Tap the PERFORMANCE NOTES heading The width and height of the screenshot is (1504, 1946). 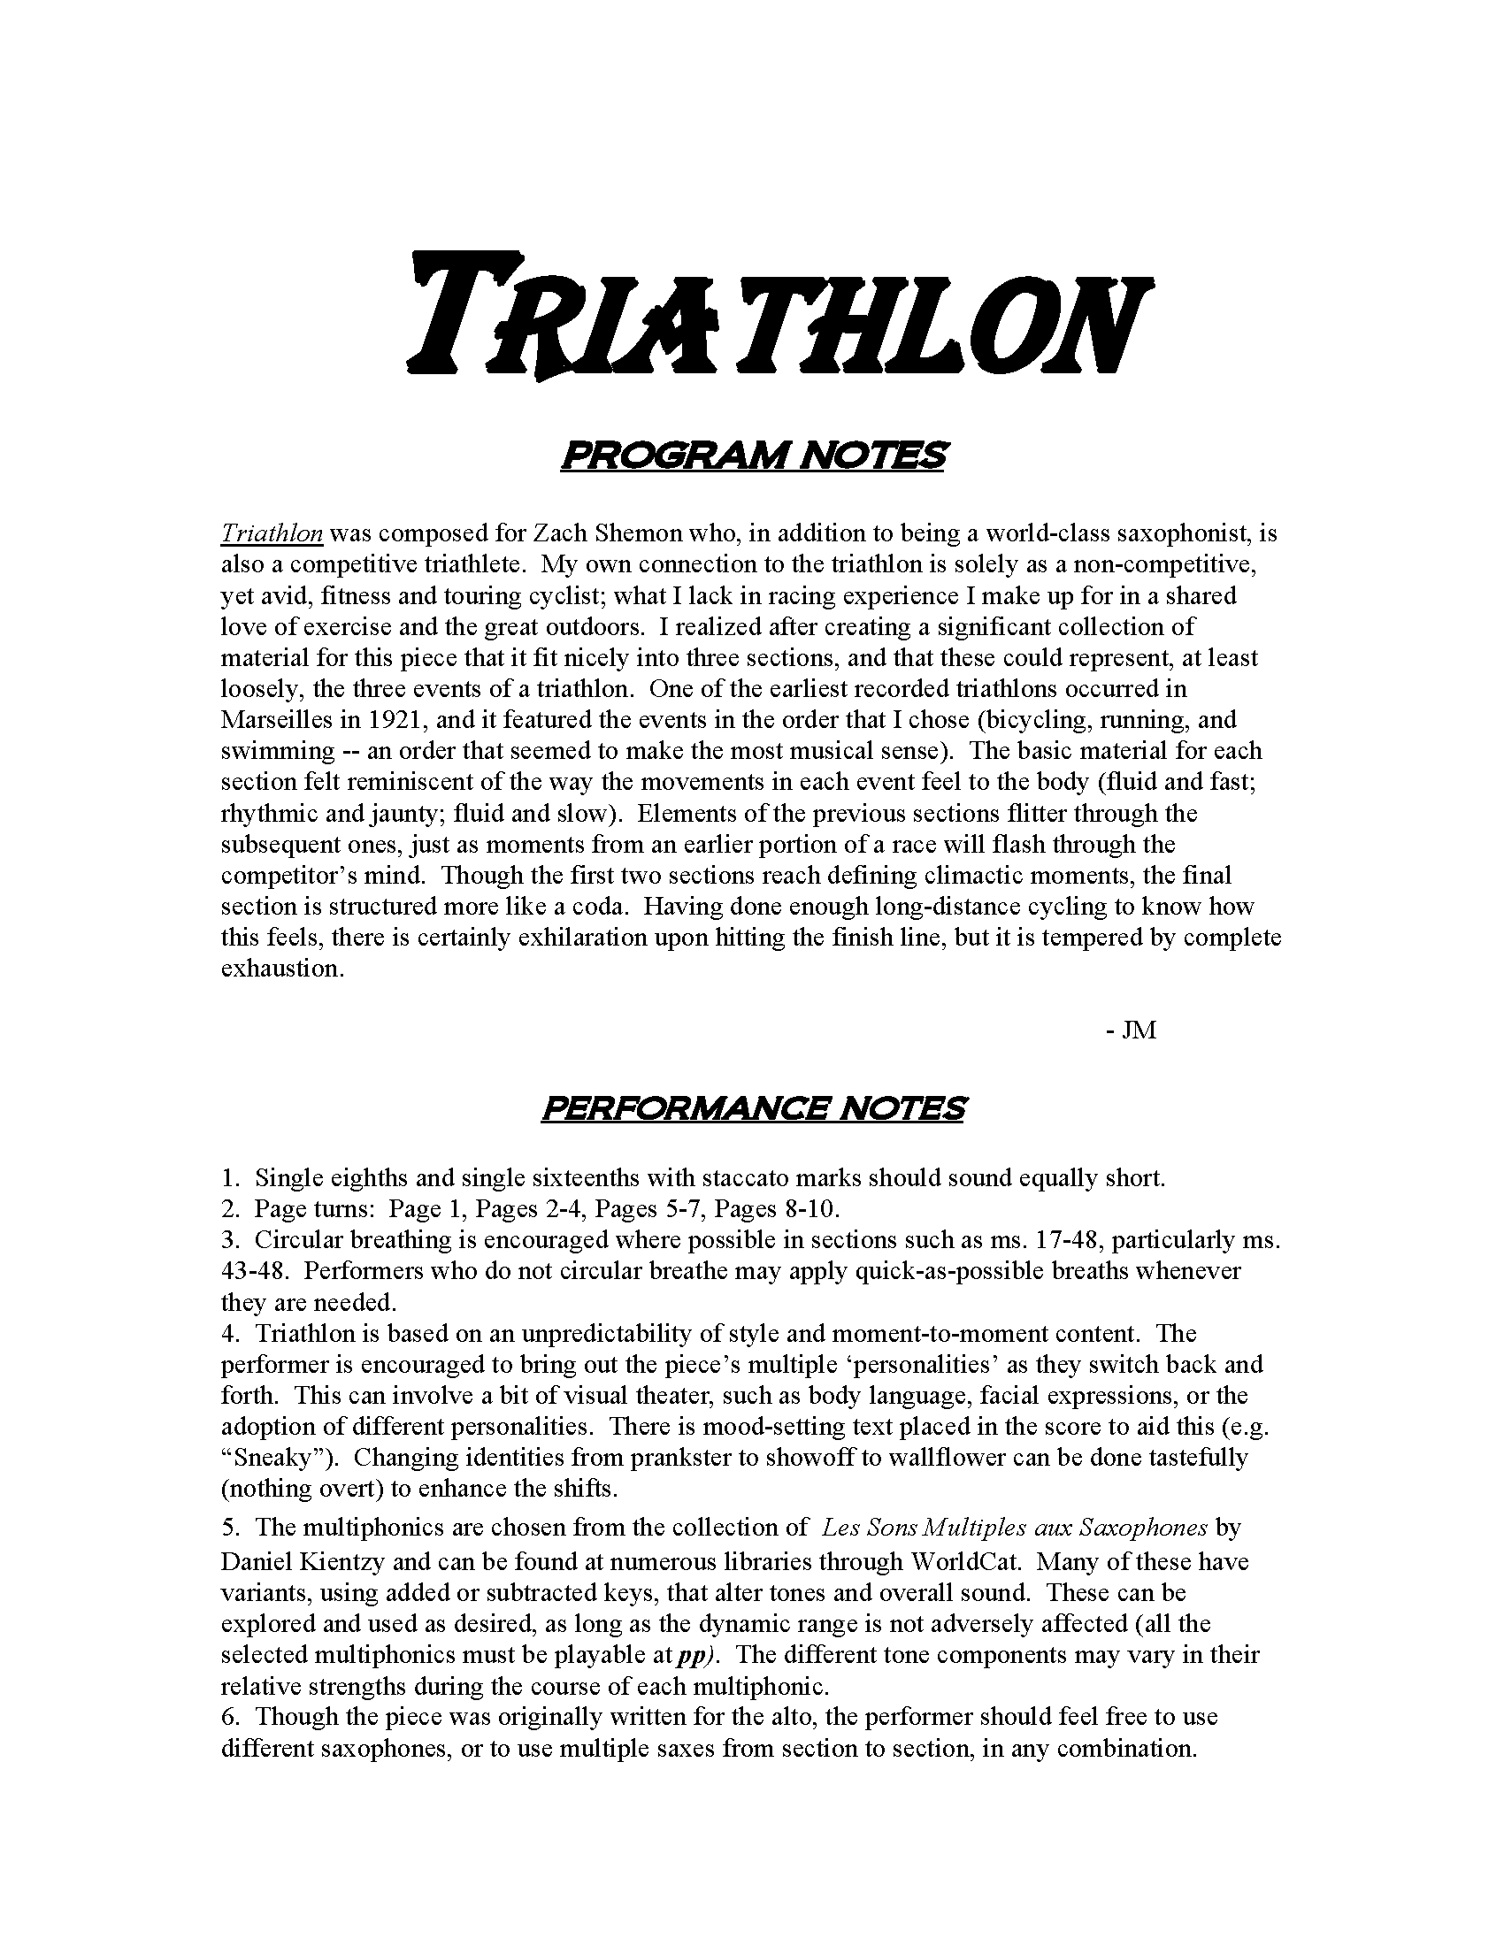pyautogui.click(x=753, y=1108)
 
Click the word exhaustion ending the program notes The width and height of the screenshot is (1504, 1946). pyautogui.click(x=282, y=969)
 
